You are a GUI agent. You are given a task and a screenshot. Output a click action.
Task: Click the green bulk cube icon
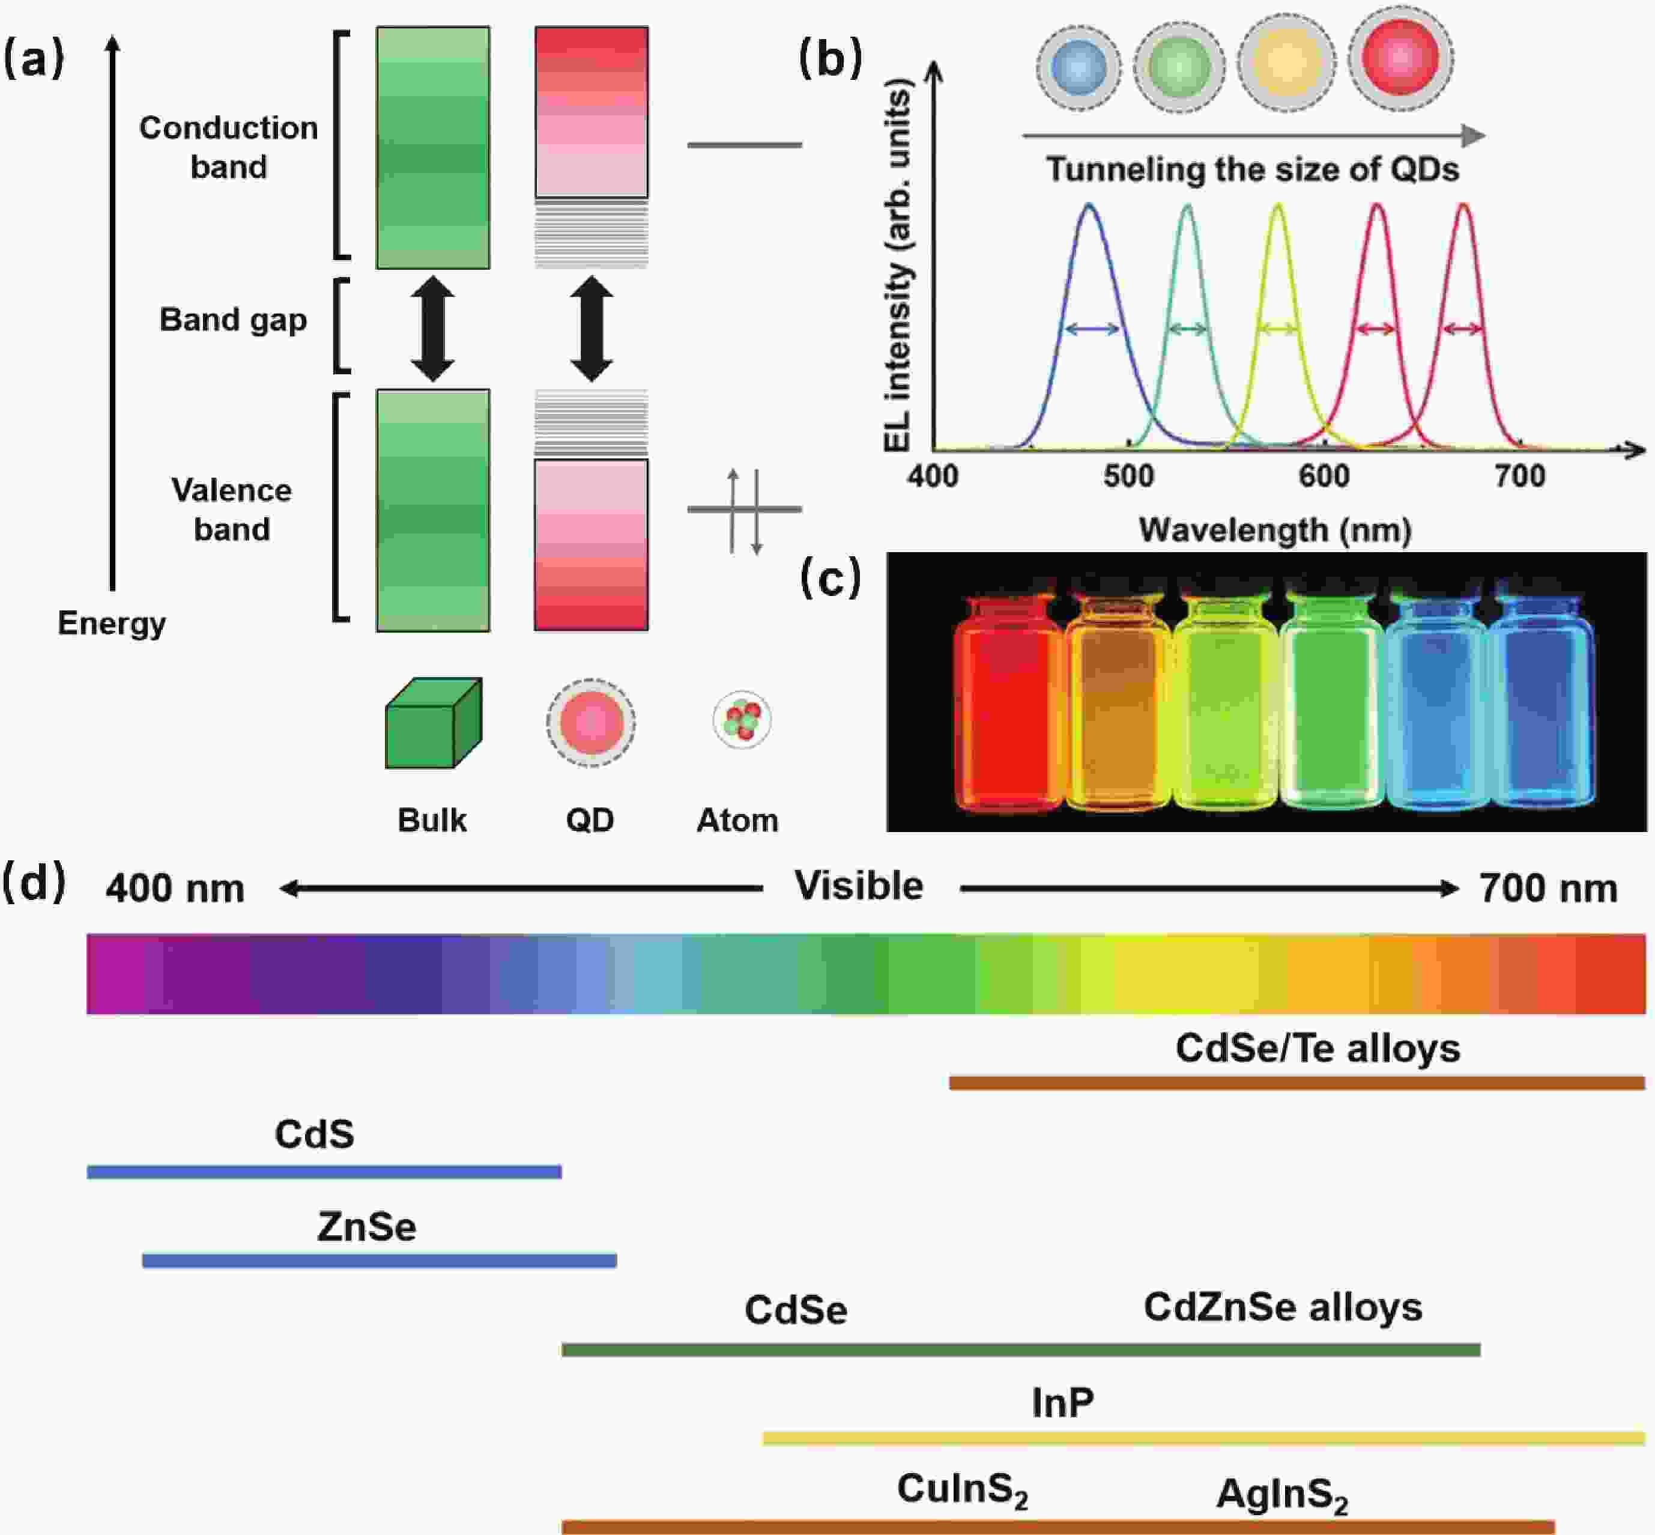(432, 723)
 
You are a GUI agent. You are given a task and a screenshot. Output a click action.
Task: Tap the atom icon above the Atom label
(742, 719)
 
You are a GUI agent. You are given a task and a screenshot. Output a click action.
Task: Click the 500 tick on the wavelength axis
(1128, 475)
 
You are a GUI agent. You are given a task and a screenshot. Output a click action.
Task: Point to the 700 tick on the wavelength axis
(1520, 475)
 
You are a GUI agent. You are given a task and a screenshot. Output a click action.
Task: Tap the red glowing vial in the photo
(1009, 702)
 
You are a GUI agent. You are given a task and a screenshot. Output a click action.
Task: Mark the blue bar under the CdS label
(324, 1172)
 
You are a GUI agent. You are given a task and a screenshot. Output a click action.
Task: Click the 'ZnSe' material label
(366, 1227)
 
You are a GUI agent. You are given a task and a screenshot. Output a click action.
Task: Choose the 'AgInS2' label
(1282, 1494)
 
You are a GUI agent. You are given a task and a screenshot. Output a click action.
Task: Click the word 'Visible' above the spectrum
(859, 886)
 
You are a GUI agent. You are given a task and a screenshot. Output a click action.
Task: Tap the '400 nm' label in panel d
(175, 888)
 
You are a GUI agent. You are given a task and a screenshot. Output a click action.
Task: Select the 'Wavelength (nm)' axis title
(1275, 529)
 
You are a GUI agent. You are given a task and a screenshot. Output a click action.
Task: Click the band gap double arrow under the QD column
(592, 329)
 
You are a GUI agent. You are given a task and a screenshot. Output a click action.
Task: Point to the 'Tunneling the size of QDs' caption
(1251, 169)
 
